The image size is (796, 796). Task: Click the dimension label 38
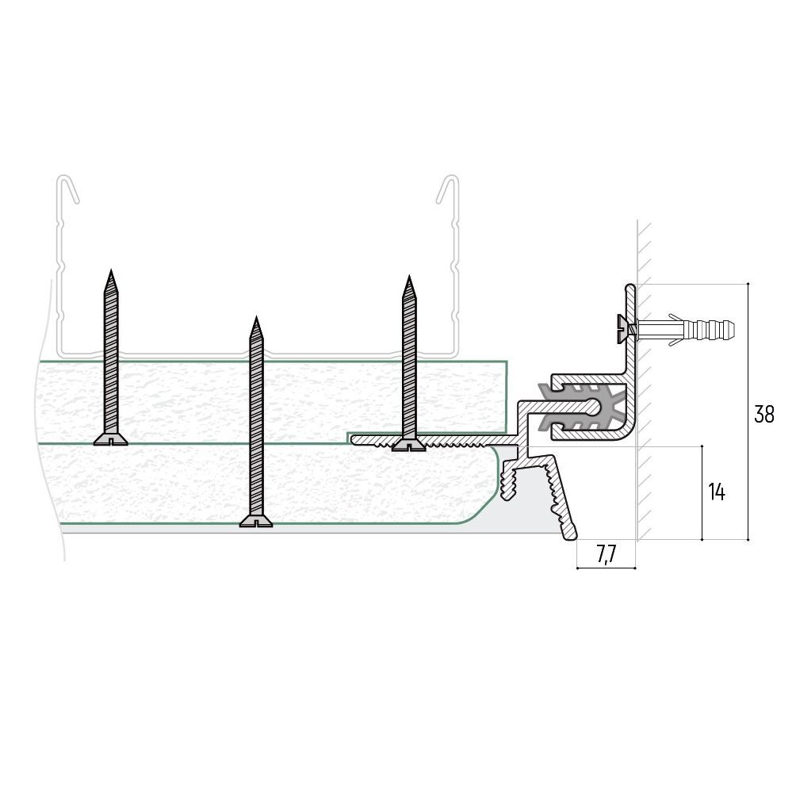pyautogui.click(x=763, y=414)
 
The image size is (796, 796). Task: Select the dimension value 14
pyautogui.click(x=716, y=492)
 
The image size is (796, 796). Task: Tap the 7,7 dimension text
pyautogui.click(x=606, y=555)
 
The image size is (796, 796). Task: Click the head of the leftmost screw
pyautogui.click(x=110, y=440)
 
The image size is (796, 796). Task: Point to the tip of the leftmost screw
pyautogui.click(x=111, y=271)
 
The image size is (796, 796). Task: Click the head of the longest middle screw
pyautogui.click(x=256, y=521)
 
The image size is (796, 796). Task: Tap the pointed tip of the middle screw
pyautogui.click(x=256, y=318)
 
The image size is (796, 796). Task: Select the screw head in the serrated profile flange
pyautogui.click(x=408, y=446)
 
